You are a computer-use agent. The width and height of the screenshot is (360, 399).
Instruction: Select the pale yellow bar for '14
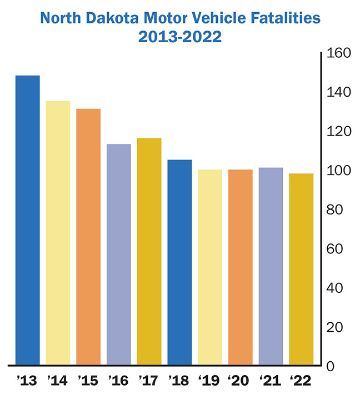pyautogui.click(x=58, y=233)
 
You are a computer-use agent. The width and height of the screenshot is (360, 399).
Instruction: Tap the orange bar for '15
pyautogui.click(x=88, y=237)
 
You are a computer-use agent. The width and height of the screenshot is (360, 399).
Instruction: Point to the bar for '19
pyautogui.click(x=210, y=267)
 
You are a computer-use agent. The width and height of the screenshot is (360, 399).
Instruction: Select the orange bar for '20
pyautogui.click(x=241, y=267)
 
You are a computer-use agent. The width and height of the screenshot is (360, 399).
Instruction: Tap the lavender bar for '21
pyautogui.click(x=271, y=266)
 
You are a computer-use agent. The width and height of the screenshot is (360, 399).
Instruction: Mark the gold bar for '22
pyautogui.click(x=301, y=270)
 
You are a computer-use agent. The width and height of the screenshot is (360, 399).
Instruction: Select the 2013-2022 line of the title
pyautogui.click(x=180, y=38)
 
